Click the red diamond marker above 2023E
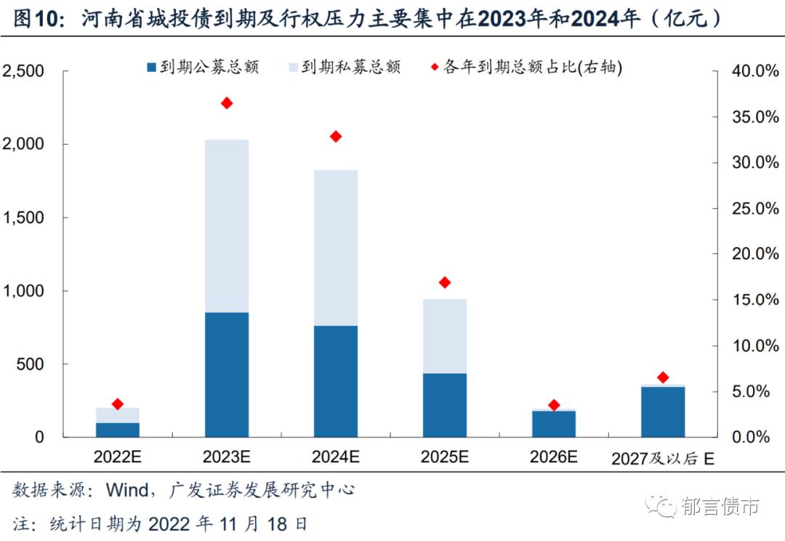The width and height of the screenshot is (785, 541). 227,103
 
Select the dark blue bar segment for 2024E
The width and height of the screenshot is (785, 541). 336,381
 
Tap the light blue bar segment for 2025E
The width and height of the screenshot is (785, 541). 445,336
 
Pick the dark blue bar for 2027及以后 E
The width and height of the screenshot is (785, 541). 663,412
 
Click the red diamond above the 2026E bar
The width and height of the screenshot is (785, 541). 554,405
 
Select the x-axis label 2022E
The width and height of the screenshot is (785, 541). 118,457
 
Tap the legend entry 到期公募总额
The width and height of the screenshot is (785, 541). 204,68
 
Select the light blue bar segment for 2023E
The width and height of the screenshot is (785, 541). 227,225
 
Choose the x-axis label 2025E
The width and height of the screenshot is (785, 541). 445,457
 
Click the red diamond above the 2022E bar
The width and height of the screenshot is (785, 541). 118,404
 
